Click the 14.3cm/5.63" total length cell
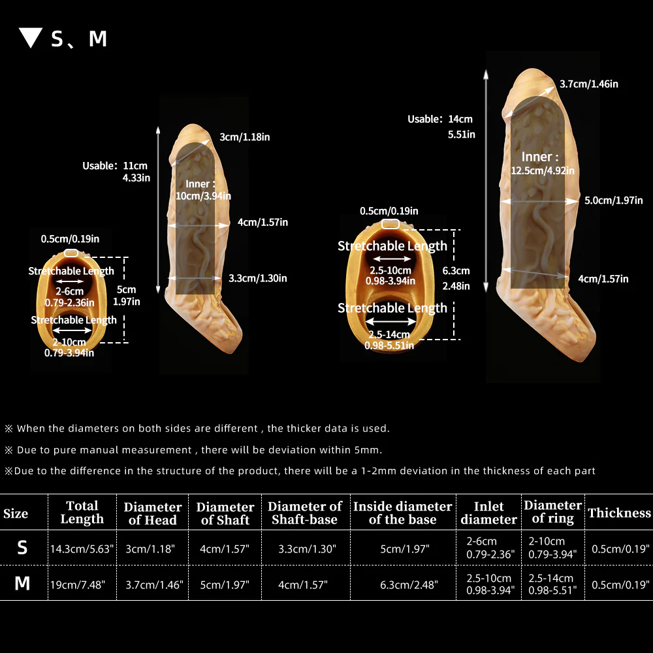pyautogui.click(x=82, y=549)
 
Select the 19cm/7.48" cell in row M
pyautogui.click(x=78, y=584)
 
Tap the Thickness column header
pyautogui.click(x=619, y=513)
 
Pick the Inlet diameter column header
pyautogui.click(x=488, y=513)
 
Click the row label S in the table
pyautogui.click(x=22, y=548)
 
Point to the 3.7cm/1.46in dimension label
pyautogui.click(x=588, y=84)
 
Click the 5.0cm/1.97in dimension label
pyautogui.click(x=613, y=200)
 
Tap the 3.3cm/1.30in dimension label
pyautogui.click(x=257, y=278)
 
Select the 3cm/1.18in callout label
pyautogui.click(x=244, y=137)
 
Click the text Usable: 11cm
pyautogui.click(x=115, y=166)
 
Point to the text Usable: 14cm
pyautogui.click(x=439, y=119)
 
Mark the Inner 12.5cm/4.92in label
pyautogui.click(x=542, y=164)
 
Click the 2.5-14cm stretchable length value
pyautogui.click(x=389, y=334)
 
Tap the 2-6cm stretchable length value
pyautogui.click(x=70, y=291)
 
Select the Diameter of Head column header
pyautogui.click(x=152, y=513)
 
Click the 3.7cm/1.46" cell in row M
pyautogui.click(x=155, y=584)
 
